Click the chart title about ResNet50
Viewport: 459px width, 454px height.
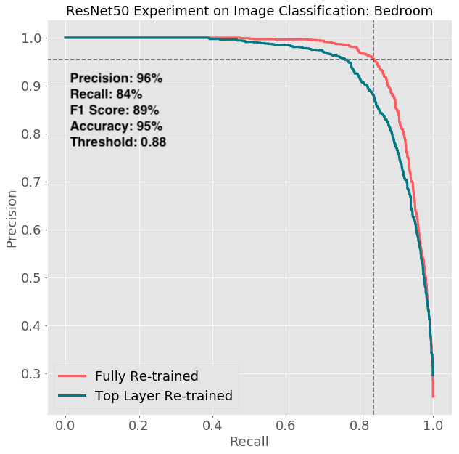pos(249,11)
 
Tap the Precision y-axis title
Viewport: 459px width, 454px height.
pos(12,219)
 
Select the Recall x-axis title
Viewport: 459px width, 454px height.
pos(249,442)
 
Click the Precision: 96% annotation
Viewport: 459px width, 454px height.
pos(116,78)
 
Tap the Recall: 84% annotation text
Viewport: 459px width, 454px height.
pos(106,94)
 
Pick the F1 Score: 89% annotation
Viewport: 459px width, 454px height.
pos(114,110)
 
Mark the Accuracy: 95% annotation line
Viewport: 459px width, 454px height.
pos(116,126)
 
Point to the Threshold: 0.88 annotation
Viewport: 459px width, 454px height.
pos(118,142)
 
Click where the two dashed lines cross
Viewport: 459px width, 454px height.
pos(373,60)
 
